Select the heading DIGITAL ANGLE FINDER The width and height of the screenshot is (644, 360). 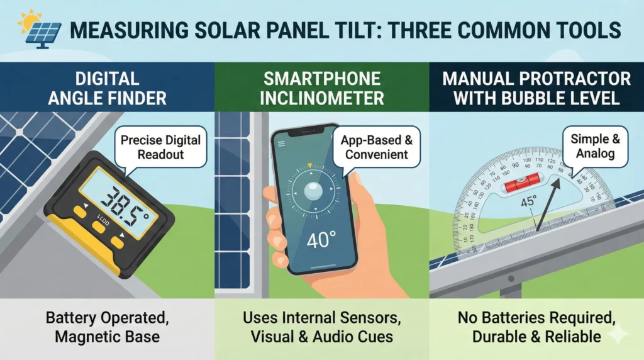click(107, 88)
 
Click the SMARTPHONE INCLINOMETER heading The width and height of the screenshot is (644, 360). click(322, 88)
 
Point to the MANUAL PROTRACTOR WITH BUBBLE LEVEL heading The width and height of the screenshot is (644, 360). click(536, 88)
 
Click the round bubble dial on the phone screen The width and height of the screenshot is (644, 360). click(309, 193)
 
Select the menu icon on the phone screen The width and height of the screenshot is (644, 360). click(280, 143)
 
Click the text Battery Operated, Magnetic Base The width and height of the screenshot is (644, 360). click(107, 326)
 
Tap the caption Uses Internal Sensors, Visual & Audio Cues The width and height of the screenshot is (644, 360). click(322, 326)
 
